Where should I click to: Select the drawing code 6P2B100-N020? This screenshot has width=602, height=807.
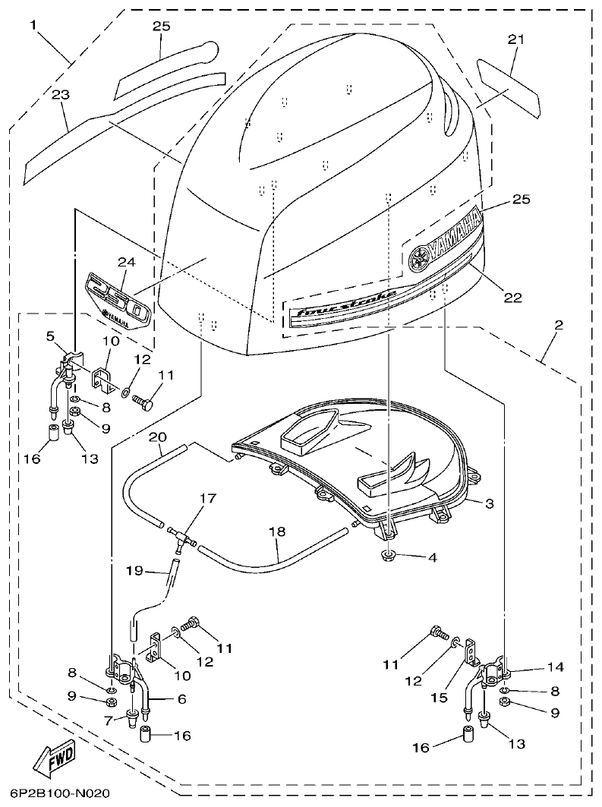click(60, 794)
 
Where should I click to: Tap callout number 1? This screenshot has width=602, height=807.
click(33, 24)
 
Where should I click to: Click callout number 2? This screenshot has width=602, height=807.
click(558, 325)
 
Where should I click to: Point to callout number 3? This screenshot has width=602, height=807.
click(490, 503)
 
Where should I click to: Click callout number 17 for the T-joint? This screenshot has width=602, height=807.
click(186, 499)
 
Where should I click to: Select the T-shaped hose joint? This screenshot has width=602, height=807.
click(180, 538)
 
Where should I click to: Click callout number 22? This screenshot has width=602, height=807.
click(513, 298)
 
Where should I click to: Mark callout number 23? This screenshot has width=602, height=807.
click(61, 95)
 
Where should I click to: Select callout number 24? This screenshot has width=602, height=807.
click(125, 262)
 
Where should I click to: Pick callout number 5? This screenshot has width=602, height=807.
click(50, 335)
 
